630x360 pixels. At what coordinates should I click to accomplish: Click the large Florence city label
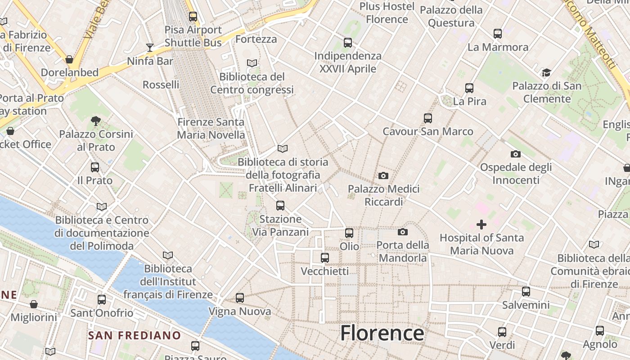(382, 333)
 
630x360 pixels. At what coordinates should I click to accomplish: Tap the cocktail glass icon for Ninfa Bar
(150, 47)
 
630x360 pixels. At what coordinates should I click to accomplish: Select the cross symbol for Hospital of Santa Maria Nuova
(481, 224)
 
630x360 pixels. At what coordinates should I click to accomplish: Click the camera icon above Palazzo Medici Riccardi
(383, 175)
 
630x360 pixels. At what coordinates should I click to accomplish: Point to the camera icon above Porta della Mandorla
(403, 232)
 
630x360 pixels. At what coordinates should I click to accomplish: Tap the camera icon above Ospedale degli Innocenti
(516, 154)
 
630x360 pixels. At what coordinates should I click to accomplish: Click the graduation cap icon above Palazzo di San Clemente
(546, 72)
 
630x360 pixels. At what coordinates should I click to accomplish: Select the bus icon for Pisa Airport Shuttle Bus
(193, 17)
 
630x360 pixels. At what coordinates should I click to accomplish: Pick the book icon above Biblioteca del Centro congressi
(252, 63)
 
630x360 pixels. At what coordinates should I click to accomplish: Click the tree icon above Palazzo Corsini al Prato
(95, 121)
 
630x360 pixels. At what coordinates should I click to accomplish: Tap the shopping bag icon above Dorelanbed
(69, 59)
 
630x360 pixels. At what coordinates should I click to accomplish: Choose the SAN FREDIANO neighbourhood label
(134, 335)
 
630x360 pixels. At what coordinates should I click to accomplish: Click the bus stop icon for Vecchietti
(325, 258)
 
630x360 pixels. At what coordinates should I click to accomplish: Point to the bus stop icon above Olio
(349, 233)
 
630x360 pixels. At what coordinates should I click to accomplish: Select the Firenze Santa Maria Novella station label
(211, 128)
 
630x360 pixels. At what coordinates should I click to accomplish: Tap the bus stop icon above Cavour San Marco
(428, 118)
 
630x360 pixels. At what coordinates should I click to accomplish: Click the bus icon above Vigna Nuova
(240, 298)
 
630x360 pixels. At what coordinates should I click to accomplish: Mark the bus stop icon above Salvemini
(526, 292)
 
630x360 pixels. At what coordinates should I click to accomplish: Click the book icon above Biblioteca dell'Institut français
(168, 255)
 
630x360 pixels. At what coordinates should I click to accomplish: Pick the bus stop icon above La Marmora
(498, 34)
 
